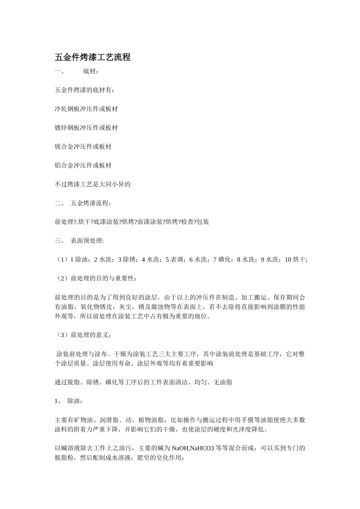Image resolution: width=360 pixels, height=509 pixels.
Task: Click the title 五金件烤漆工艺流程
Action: [92, 58]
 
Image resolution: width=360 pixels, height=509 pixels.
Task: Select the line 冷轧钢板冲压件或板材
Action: [86, 109]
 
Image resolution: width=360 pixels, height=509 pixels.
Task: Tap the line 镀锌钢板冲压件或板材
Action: [86, 128]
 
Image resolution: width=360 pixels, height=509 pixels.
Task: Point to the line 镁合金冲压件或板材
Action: [83, 147]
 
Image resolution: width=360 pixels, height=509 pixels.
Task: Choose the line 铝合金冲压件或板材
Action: [83, 166]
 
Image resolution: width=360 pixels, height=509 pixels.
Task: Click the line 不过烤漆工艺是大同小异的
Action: [92, 184]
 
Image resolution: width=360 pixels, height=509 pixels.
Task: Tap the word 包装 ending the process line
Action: [203, 222]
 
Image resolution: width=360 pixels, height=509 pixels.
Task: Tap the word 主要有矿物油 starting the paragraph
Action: [74, 420]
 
